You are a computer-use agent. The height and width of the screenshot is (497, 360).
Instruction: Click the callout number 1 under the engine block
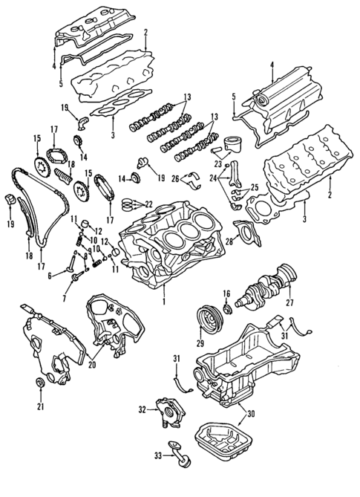click(x=164, y=303)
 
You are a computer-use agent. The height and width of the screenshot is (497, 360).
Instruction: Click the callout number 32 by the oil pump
click(x=142, y=409)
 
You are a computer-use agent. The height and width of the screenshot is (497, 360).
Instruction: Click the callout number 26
click(x=174, y=178)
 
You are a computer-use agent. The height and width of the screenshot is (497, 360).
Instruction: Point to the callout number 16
click(x=227, y=293)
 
